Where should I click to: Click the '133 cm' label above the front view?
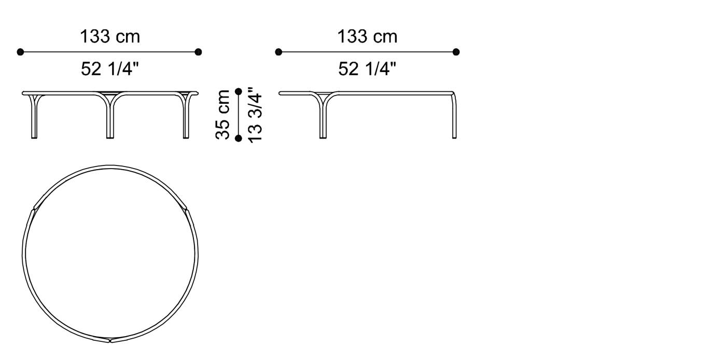click(109, 37)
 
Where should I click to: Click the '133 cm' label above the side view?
click(367, 37)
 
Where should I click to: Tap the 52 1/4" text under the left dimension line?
click(109, 68)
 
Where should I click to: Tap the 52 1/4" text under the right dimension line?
click(367, 68)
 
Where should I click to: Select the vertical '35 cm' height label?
click(222, 114)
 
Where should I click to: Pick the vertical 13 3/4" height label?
click(255, 115)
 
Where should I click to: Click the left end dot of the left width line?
click(20, 52)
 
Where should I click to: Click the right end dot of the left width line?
click(198, 52)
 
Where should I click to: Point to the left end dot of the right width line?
click(278, 52)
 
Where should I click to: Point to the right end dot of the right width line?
click(456, 52)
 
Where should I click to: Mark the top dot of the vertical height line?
click(239, 91)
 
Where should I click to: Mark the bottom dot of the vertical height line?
click(239, 138)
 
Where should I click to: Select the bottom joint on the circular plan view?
click(110, 341)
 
